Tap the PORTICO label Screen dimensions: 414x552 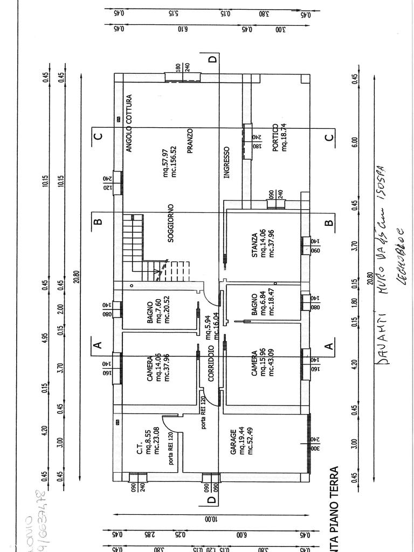click(x=275, y=137)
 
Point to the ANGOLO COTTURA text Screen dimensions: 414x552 click(x=129, y=123)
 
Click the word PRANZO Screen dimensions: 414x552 click(x=190, y=141)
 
